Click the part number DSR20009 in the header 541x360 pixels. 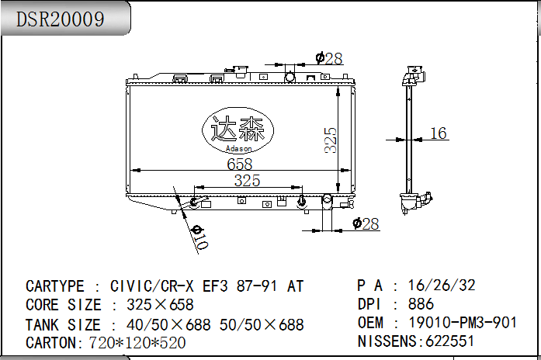pyautogui.click(x=60, y=19)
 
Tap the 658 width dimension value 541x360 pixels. pyautogui.click(x=239, y=164)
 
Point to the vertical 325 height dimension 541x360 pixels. pyautogui.click(x=331, y=140)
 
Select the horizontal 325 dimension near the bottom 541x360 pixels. pyautogui.click(x=247, y=180)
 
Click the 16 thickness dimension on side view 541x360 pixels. pyautogui.click(x=439, y=133)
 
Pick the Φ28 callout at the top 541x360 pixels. pyautogui.click(x=329, y=58)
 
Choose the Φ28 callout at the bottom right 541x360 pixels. pyautogui.click(x=366, y=223)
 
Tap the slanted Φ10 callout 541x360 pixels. pyautogui.click(x=199, y=237)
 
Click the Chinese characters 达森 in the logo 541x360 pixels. pyautogui.click(x=238, y=129)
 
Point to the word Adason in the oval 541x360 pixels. pyautogui.click(x=238, y=149)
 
